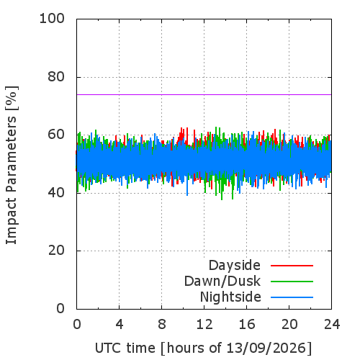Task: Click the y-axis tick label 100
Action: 52,19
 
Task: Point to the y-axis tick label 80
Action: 56,77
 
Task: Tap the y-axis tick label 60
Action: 56,134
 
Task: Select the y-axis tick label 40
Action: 56,192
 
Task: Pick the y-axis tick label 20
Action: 56,251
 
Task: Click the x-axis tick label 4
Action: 120,325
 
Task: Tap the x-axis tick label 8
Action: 162,325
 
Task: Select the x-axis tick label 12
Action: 204,325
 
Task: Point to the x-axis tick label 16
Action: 247,325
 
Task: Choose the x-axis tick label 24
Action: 332,325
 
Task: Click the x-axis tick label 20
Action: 289,325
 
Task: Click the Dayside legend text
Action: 235,266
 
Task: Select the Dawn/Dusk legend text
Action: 222,281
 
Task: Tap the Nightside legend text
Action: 230,297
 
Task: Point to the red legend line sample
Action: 292,266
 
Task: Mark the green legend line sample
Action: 292,282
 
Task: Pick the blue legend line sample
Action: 292,297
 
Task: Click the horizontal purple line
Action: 204,94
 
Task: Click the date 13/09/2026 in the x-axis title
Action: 267,348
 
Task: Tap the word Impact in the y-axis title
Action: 12,221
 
